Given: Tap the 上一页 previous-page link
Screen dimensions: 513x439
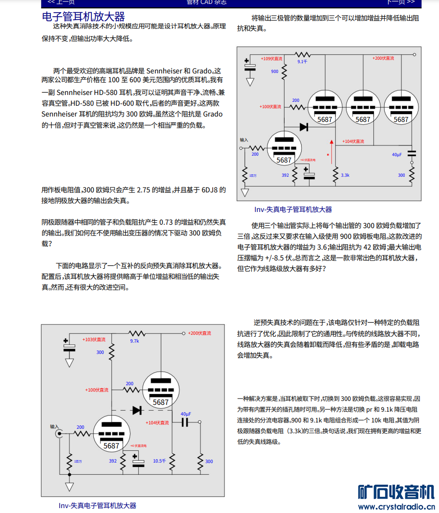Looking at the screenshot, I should pos(61,2).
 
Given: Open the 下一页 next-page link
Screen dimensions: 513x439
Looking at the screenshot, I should pos(401,2).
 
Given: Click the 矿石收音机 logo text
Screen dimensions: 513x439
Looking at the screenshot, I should pos(396,492).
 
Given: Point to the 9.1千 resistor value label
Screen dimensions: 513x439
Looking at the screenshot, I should pos(302,62).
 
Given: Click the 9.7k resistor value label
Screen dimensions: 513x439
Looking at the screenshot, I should pos(134,341).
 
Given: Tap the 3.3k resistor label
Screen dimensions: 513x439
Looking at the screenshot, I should pos(345,175).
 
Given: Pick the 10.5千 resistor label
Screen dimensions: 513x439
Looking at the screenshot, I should pos(160,461).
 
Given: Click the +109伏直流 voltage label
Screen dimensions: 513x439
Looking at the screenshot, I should pos(271,58).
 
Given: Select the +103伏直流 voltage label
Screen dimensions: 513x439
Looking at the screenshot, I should pos(94,339).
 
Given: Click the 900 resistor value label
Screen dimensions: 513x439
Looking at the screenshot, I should pos(275,71).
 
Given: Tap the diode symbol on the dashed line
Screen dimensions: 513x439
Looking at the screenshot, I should pos(137,410).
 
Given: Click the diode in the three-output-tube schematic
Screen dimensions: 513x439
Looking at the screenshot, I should pos(304,127).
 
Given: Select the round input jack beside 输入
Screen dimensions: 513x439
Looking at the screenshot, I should pos(60,433).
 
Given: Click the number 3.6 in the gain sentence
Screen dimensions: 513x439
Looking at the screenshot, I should pos(320,247).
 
